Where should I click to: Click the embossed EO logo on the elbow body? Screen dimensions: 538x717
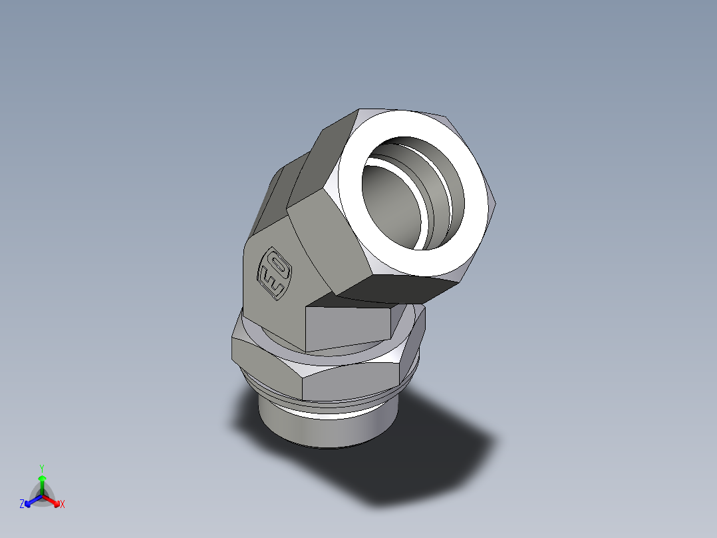(275, 273)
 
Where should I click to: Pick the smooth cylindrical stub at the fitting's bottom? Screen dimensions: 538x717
(319, 429)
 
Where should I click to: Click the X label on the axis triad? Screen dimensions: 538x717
(63, 504)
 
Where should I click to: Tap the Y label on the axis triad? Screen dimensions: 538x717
(42, 468)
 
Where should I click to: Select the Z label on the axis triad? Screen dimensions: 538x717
(22, 504)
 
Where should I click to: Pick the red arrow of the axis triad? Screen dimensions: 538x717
(53, 500)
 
